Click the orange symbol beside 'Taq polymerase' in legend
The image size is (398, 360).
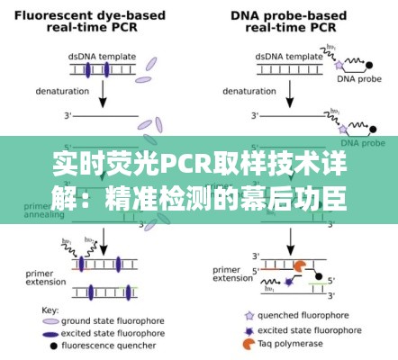pyautogui.click(x=248, y=343)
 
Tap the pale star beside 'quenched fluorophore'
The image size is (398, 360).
pyautogui.click(x=248, y=316)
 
